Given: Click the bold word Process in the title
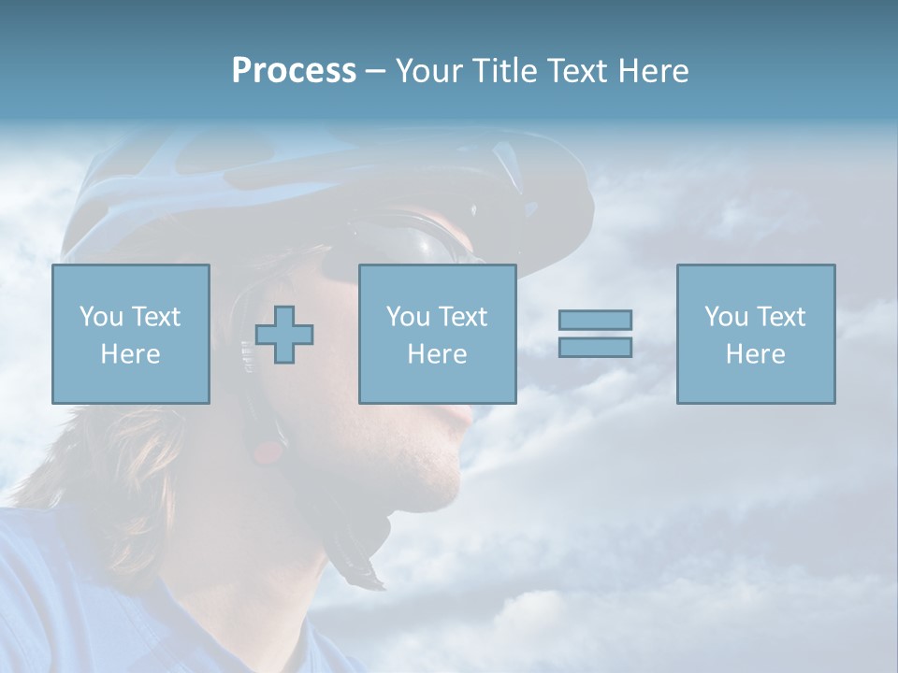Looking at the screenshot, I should pos(294,71).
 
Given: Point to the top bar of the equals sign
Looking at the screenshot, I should pos(595,320).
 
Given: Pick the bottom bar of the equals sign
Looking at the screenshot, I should pos(595,347).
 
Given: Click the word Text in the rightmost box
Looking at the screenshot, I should pos(780,317).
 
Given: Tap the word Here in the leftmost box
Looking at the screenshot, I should pos(130,354).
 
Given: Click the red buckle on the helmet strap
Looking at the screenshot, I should pos(268,453).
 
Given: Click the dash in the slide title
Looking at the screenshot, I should pos(376,71).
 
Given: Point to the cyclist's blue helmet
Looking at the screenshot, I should pos(281,178).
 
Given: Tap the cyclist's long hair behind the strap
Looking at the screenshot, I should pos(122,458).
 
